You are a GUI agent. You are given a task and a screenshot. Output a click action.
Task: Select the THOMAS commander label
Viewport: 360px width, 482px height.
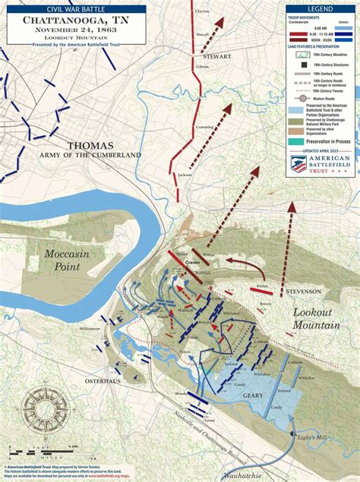[x=90, y=145]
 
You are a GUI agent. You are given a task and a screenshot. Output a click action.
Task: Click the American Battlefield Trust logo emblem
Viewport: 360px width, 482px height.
[x=299, y=164]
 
